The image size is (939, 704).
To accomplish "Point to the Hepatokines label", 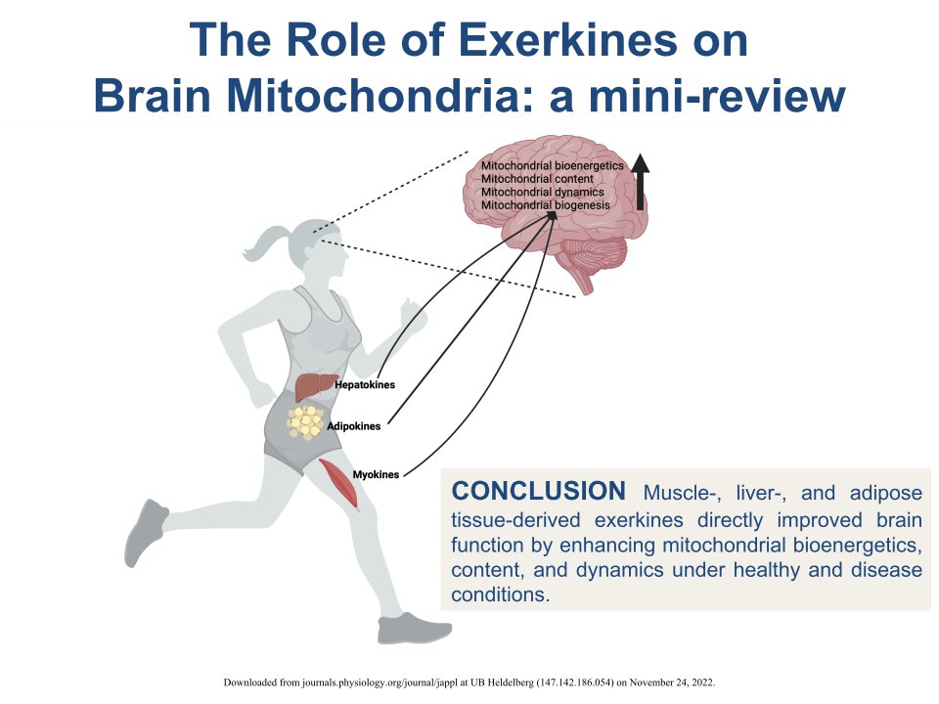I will (365, 385).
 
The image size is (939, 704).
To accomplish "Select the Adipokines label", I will (353, 426).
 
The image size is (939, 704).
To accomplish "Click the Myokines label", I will (376, 474).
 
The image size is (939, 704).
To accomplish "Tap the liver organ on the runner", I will (315, 386).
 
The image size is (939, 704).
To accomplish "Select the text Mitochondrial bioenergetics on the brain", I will (552, 166).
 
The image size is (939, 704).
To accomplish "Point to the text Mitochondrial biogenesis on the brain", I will (545, 205).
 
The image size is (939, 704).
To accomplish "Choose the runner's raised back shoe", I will (145, 533).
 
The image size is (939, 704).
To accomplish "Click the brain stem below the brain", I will (585, 282).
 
